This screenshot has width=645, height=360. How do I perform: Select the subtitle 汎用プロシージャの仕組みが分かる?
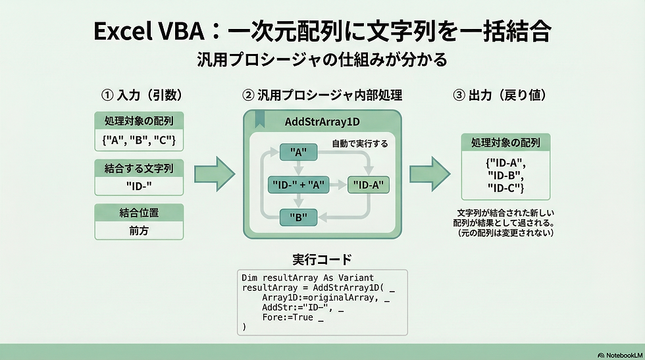point(322,60)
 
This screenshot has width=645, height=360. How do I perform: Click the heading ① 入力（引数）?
point(141,95)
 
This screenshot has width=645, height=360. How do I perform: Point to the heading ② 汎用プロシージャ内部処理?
point(322,95)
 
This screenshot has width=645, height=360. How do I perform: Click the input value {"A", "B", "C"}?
point(139,140)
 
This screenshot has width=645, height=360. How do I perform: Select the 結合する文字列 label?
point(139,168)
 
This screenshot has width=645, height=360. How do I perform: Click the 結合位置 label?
point(139,213)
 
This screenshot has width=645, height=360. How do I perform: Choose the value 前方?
point(139,231)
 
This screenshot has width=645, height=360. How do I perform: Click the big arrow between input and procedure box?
point(215,174)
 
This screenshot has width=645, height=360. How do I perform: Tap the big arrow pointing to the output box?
point(429,174)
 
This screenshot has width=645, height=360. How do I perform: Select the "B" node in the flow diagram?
point(299,217)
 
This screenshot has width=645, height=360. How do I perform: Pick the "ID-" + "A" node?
point(299,185)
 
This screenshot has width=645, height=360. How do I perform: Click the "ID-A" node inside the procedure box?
point(368,185)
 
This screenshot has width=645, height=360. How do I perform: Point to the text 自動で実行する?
point(360,143)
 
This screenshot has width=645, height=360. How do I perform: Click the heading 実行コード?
point(322,259)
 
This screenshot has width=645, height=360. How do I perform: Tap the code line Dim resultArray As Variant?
point(307,278)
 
